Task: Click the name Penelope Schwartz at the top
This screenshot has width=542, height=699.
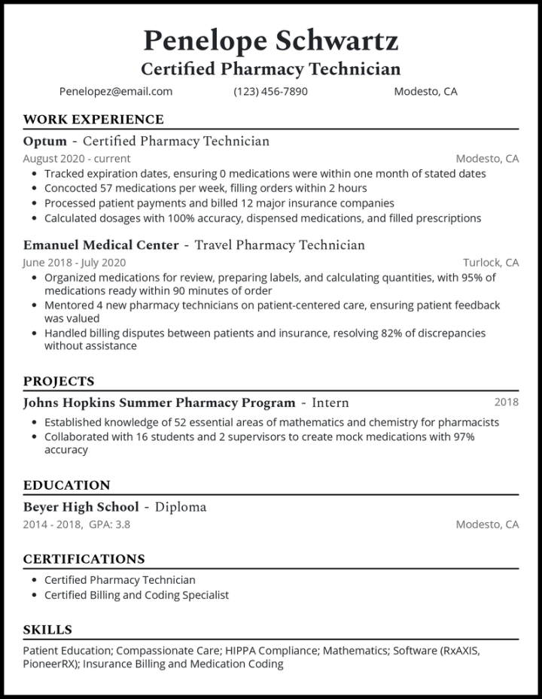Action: (x=270, y=39)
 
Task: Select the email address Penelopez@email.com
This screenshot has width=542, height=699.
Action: (x=116, y=91)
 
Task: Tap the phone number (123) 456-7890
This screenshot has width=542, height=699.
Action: (x=270, y=91)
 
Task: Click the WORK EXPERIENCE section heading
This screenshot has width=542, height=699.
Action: (x=93, y=119)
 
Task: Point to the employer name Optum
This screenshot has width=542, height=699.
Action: (x=44, y=141)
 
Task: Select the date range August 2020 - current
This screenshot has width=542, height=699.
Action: (x=76, y=159)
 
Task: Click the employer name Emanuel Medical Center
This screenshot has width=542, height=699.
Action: (x=101, y=245)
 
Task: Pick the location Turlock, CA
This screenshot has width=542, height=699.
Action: (x=490, y=263)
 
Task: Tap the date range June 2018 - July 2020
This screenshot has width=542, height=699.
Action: (x=75, y=263)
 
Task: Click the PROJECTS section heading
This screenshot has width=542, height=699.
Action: (x=59, y=381)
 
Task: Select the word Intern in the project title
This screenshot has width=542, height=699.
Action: (x=330, y=403)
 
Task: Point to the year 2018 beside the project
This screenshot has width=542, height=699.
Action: (x=506, y=402)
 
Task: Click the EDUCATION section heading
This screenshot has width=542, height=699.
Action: (x=66, y=485)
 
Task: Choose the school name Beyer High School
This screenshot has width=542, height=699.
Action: (x=81, y=506)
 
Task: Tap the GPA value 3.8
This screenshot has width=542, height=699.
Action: (x=122, y=524)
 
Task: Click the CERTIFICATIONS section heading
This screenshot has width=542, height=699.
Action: (x=84, y=558)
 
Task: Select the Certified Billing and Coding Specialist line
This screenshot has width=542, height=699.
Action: (x=136, y=594)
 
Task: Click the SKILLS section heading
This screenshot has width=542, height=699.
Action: (x=47, y=629)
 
